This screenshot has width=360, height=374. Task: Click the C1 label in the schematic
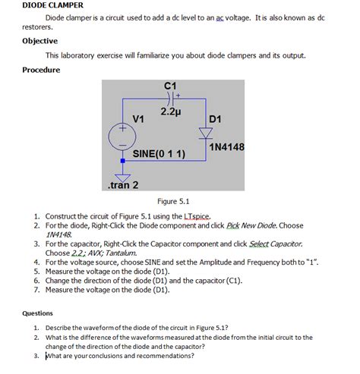pyautogui.click(x=169, y=84)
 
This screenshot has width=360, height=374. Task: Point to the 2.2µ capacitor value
pyautogui.click(x=169, y=112)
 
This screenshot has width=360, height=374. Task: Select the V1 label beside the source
pyautogui.click(x=139, y=119)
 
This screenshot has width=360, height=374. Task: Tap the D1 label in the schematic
pyautogui.click(x=215, y=119)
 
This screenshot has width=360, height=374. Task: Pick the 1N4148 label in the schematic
pyautogui.click(x=226, y=146)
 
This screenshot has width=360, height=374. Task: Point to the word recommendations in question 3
pyautogui.click(x=165, y=355)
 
